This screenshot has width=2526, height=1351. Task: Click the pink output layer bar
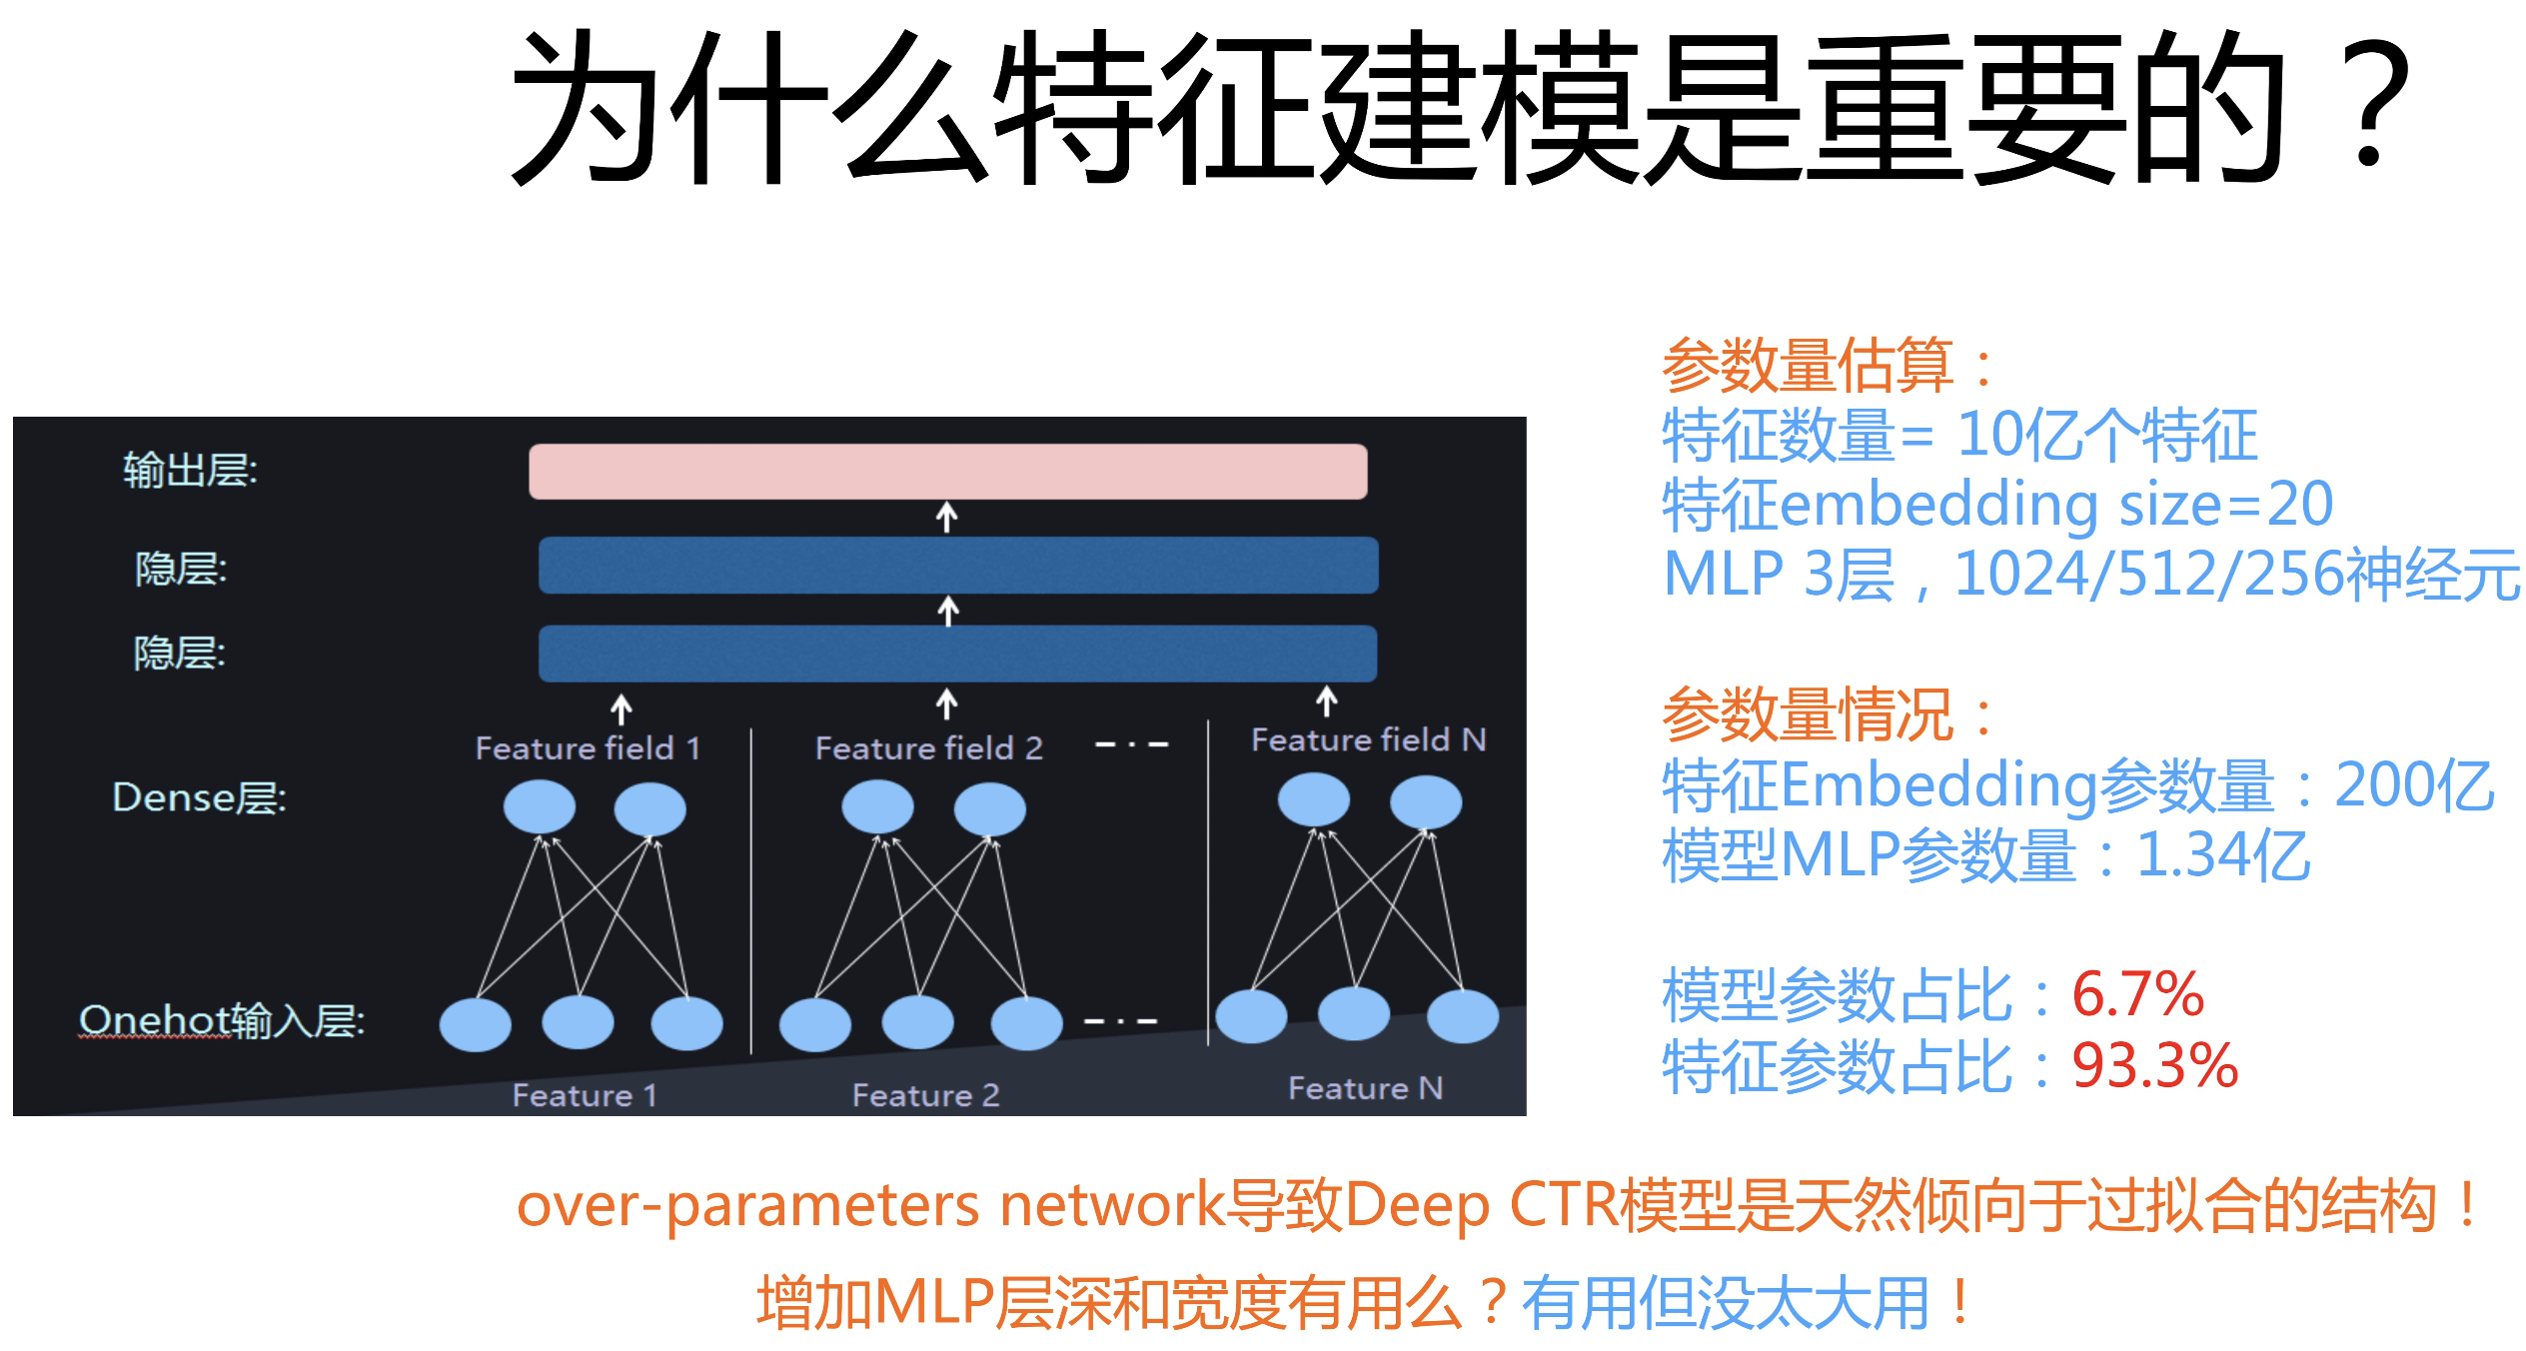coord(947,472)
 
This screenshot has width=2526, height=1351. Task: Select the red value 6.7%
coord(2137,995)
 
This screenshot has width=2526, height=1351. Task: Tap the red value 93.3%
coord(2154,1065)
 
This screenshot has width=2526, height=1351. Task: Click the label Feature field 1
coord(588,748)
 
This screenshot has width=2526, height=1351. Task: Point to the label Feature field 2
coord(928,748)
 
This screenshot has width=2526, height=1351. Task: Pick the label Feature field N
coord(1368,739)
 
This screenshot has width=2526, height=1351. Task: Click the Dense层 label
coord(199,797)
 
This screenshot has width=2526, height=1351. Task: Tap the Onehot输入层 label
coord(222,1020)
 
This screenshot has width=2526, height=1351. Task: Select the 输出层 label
coord(190,470)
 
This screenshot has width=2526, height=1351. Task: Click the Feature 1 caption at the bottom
coord(585,1095)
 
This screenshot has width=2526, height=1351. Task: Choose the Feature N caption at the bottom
coord(1365,1088)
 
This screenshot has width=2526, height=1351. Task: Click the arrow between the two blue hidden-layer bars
coord(948,611)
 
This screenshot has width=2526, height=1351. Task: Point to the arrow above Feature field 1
coord(621,709)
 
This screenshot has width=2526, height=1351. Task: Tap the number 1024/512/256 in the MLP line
coord(2148,575)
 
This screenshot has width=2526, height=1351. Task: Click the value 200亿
coord(2414,785)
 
